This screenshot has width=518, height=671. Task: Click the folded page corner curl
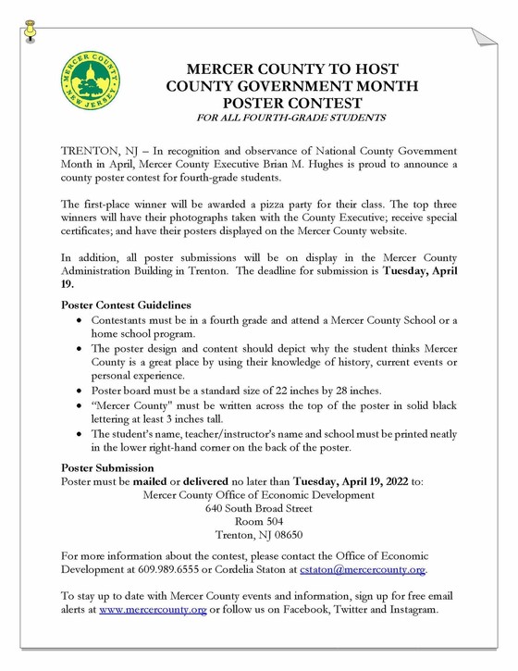[485, 38]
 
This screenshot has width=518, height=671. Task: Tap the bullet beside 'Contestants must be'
[79, 319]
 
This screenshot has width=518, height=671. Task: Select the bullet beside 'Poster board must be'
[79, 389]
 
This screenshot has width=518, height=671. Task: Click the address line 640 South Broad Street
[259, 508]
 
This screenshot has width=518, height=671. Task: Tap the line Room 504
[259, 521]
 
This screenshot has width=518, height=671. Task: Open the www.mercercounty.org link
[153, 611]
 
